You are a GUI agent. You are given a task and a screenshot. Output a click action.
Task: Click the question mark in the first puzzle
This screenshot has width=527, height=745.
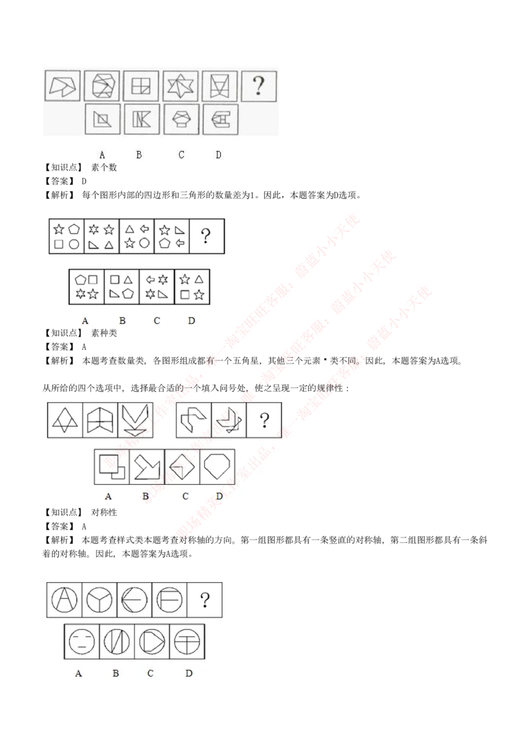click(259, 85)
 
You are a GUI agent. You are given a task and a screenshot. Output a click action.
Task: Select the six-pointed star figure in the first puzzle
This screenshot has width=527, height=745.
click(180, 85)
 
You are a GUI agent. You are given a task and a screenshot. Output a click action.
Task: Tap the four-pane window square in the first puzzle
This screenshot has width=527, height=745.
click(141, 85)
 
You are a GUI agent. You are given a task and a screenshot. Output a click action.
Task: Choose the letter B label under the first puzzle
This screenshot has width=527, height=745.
click(139, 155)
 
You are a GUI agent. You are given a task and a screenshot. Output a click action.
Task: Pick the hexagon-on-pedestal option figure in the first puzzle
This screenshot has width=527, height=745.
click(180, 119)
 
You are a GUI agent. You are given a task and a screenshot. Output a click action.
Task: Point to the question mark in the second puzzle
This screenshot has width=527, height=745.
click(206, 236)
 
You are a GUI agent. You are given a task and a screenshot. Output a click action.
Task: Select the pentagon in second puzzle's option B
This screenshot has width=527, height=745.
click(128, 293)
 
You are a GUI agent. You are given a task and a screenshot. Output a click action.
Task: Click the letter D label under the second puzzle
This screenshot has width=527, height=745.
click(191, 321)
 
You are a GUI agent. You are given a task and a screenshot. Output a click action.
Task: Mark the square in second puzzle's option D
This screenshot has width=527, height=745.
click(184, 293)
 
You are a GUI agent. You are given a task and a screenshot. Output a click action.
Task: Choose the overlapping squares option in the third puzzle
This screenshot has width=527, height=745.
click(112, 467)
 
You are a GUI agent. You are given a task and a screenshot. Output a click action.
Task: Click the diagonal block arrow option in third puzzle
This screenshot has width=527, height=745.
click(147, 467)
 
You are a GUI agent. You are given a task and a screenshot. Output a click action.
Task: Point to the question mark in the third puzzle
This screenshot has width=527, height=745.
click(264, 420)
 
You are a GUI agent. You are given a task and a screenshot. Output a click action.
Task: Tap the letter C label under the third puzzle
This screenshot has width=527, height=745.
click(185, 496)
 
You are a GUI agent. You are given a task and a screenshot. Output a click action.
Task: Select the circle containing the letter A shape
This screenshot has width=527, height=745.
click(65, 600)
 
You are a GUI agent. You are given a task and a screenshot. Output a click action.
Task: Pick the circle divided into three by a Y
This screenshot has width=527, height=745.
click(99, 600)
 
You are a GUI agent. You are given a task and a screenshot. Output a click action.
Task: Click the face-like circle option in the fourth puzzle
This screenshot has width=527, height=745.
click(81, 641)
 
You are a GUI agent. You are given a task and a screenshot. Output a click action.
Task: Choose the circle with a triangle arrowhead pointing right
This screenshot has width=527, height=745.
click(152, 641)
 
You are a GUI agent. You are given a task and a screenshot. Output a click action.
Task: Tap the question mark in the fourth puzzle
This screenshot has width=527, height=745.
click(205, 599)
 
